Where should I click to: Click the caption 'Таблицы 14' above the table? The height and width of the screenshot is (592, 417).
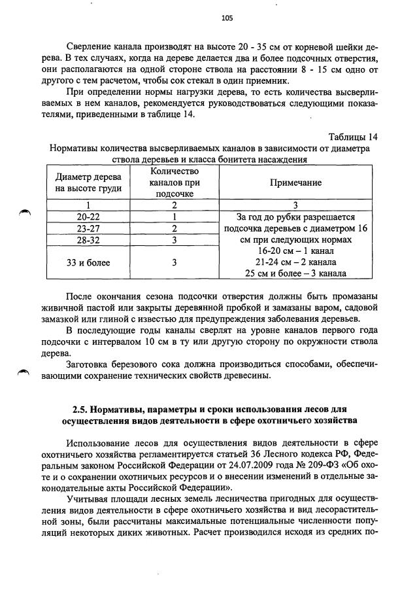click(353, 136)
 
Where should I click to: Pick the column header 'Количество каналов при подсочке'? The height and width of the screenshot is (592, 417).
click(175, 183)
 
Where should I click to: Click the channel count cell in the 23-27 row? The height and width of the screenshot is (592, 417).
click(175, 228)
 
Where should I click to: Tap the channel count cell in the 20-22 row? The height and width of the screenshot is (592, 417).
click(175, 217)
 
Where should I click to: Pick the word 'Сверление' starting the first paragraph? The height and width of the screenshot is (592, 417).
click(91, 46)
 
